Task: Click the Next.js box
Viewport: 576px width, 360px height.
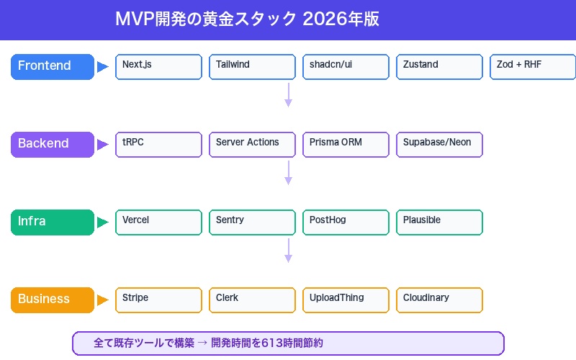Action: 158,66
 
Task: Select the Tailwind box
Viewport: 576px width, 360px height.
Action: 252,66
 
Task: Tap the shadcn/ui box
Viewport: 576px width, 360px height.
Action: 346,66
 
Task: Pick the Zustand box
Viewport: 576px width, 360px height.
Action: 439,66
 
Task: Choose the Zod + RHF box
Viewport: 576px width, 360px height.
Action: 533,66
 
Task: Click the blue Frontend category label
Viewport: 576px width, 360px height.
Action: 53,66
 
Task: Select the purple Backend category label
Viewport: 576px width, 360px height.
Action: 53,144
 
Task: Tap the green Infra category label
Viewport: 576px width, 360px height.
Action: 53,222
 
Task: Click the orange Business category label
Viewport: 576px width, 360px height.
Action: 53,300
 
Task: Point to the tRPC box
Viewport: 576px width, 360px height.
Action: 158,144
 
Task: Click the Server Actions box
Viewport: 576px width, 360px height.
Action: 252,144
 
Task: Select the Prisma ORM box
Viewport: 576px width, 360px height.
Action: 346,144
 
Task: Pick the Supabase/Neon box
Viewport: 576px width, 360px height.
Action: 439,144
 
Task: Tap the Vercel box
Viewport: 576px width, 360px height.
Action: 158,222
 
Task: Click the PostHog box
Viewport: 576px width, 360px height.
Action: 346,222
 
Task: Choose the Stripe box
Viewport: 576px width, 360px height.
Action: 158,300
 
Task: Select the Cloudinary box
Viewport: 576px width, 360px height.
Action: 439,300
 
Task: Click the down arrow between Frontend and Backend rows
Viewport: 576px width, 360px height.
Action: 288,95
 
